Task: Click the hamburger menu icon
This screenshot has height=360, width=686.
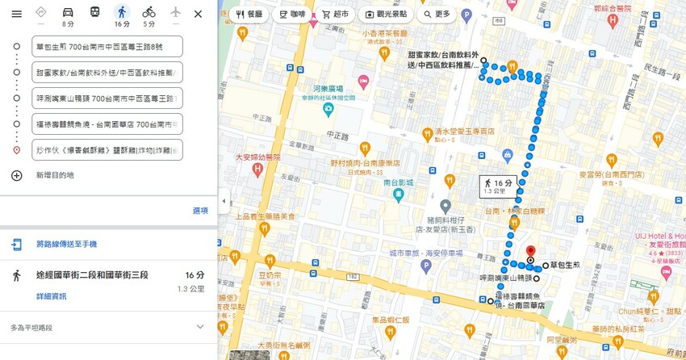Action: click(x=16, y=14)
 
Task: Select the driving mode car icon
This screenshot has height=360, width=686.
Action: click(x=68, y=13)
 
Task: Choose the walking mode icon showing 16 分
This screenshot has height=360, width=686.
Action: click(x=122, y=13)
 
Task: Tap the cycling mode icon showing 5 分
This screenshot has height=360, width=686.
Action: click(x=148, y=13)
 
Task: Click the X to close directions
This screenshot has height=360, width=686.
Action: click(x=198, y=14)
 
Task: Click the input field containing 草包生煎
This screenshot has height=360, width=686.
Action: click(x=107, y=47)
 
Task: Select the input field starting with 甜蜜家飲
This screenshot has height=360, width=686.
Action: click(x=107, y=73)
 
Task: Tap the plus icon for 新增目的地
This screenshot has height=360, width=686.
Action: click(x=16, y=175)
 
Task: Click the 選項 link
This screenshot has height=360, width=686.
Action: click(x=199, y=211)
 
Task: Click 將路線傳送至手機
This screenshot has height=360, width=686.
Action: click(x=66, y=245)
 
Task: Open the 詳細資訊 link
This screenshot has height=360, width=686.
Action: click(x=51, y=296)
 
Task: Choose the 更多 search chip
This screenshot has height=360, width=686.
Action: click(x=437, y=15)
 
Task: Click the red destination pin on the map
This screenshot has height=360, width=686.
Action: click(x=530, y=253)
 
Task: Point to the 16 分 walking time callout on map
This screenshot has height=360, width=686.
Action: click(x=498, y=186)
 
